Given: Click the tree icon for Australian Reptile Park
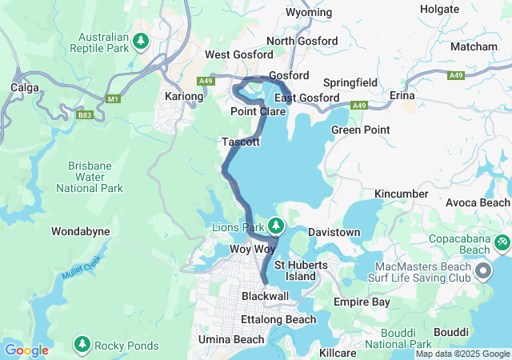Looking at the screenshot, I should click(x=141, y=40).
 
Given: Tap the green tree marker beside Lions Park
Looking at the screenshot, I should click(x=276, y=226).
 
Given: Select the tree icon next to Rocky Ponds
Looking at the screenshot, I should click(x=82, y=345).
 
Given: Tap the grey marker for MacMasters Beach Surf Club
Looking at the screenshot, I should click(x=483, y=272).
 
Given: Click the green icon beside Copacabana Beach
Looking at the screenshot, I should click(x=502, y=239).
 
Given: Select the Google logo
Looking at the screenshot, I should click(x=26, y=350).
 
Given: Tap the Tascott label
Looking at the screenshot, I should click(x=241, y=142).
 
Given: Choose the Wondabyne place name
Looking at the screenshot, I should click(x=80, y=231).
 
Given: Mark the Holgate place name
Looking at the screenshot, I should click(x=439, y=10).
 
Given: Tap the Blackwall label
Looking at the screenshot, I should click(x=265, y=296).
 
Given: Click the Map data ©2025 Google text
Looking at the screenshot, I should click(x=462, y=354).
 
